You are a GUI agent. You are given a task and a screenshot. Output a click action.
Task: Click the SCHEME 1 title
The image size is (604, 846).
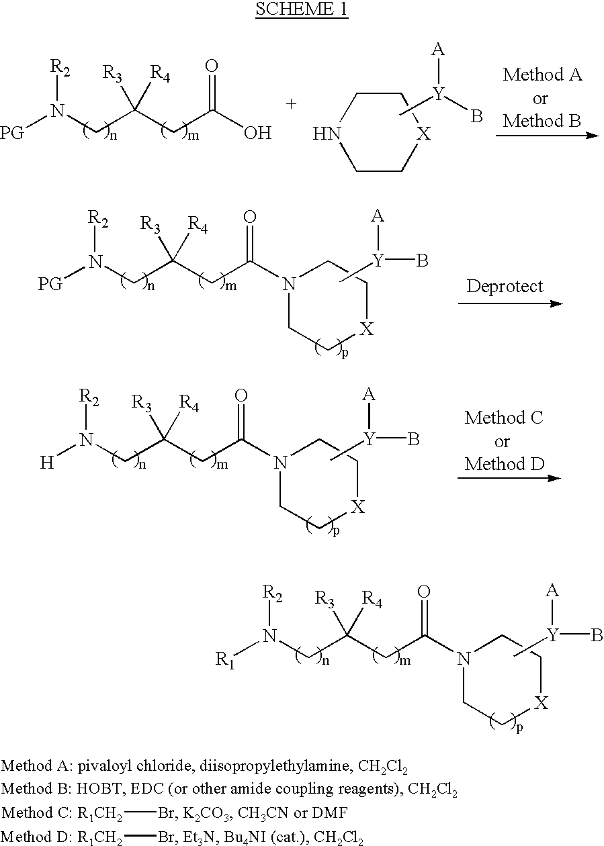(x=302, y=9)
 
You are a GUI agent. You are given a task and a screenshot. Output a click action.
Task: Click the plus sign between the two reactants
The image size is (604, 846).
(x=291, y=103)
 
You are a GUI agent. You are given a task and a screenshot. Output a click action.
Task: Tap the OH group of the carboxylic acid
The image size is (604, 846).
(x=257, y=133)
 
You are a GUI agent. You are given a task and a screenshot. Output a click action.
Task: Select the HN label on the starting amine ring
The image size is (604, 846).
(x=327, y=134)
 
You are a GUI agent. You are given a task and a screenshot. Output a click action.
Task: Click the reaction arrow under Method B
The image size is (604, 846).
(x=548, y=135)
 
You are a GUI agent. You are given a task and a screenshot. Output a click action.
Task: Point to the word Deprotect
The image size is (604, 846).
(x=505, y=286)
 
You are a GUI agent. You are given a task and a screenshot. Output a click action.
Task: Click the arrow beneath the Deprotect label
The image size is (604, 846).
(x=511, y=303)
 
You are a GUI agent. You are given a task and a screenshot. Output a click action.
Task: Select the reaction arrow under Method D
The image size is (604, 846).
(x=509, y=478)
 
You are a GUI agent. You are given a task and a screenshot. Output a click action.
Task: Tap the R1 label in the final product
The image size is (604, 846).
(x=225, y=659)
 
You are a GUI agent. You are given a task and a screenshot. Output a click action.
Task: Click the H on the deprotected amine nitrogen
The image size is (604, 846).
(x=47, y=463)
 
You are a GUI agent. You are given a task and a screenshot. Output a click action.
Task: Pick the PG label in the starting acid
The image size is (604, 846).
(x=12, y=133)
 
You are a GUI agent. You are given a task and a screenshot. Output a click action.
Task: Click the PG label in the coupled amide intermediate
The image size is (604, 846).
(x=50, y=284)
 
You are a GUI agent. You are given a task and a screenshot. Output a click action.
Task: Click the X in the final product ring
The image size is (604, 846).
(x=542, y=703)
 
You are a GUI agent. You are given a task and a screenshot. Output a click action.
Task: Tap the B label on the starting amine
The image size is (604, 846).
(x=476, y=116)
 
